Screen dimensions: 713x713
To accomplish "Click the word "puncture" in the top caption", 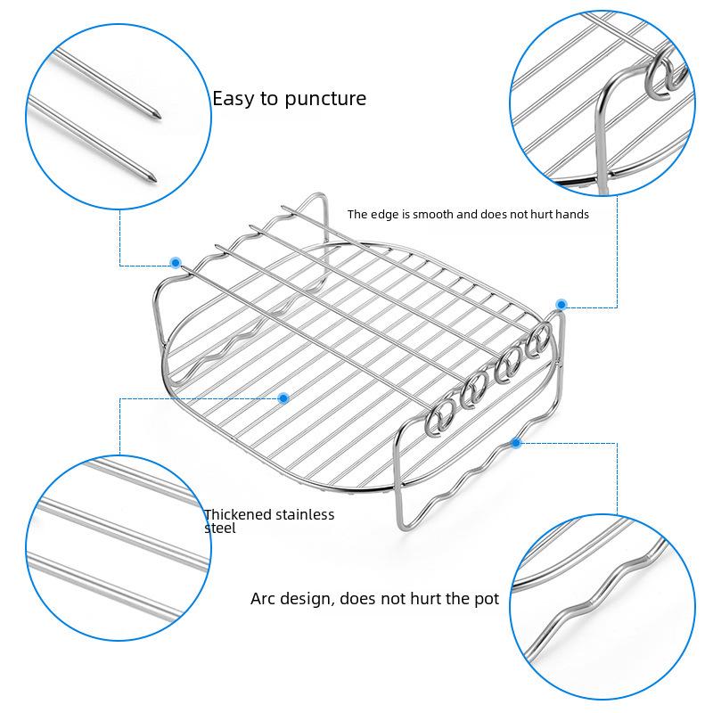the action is pos(325,99).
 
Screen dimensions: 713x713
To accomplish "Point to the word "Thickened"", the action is pos(237,514).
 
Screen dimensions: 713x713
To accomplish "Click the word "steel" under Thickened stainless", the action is pos(220,528).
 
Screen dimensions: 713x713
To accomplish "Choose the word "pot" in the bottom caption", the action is pos(487,599).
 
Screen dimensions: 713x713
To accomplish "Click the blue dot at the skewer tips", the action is pos(176,262).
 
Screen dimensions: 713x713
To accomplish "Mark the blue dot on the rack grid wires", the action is pos(283,398).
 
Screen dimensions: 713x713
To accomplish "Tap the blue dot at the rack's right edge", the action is pos(561,304).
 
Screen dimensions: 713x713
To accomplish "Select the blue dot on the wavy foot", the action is pos(516,442).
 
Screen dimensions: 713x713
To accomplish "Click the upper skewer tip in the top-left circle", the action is pos(156,116).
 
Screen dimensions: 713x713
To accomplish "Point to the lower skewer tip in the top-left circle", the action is pos(152,178).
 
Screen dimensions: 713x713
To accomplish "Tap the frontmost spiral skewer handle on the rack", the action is pos(438,418).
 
